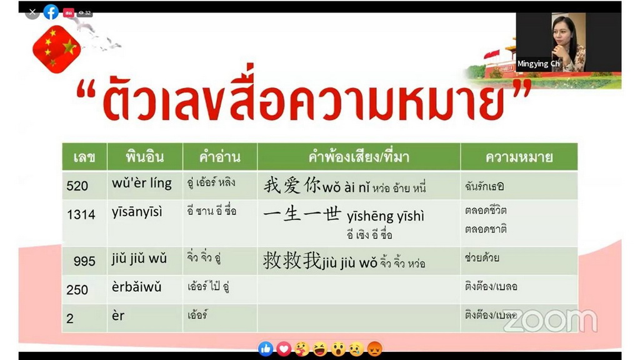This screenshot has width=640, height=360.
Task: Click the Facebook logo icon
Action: (51, 12)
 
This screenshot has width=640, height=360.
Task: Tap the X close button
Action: (32, 12)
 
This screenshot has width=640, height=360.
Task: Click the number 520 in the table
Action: (77, 186)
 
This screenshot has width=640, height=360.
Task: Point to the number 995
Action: (84, 261)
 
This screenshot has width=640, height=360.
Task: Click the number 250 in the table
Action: (77, 290)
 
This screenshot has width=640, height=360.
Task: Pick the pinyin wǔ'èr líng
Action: (142, 183)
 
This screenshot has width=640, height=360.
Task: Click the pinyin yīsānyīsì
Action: (137, 212)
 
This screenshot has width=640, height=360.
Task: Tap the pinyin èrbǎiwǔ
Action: (137, 287)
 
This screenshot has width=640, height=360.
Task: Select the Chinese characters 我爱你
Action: (292, 186)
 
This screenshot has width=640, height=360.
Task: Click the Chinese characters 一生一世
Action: (302, 214)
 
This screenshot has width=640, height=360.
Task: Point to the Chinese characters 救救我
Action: (292, 260)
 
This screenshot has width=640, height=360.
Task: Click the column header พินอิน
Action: (145, 157)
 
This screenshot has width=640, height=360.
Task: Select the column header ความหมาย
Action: (519, 157)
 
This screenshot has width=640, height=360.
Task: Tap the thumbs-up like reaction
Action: (266, 349)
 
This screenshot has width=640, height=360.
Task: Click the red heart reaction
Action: (284, 349)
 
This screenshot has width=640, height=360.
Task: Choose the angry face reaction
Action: (374, 349)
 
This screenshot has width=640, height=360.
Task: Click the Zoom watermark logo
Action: (550, 321)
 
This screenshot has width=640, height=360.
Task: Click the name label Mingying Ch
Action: (538, 64)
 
